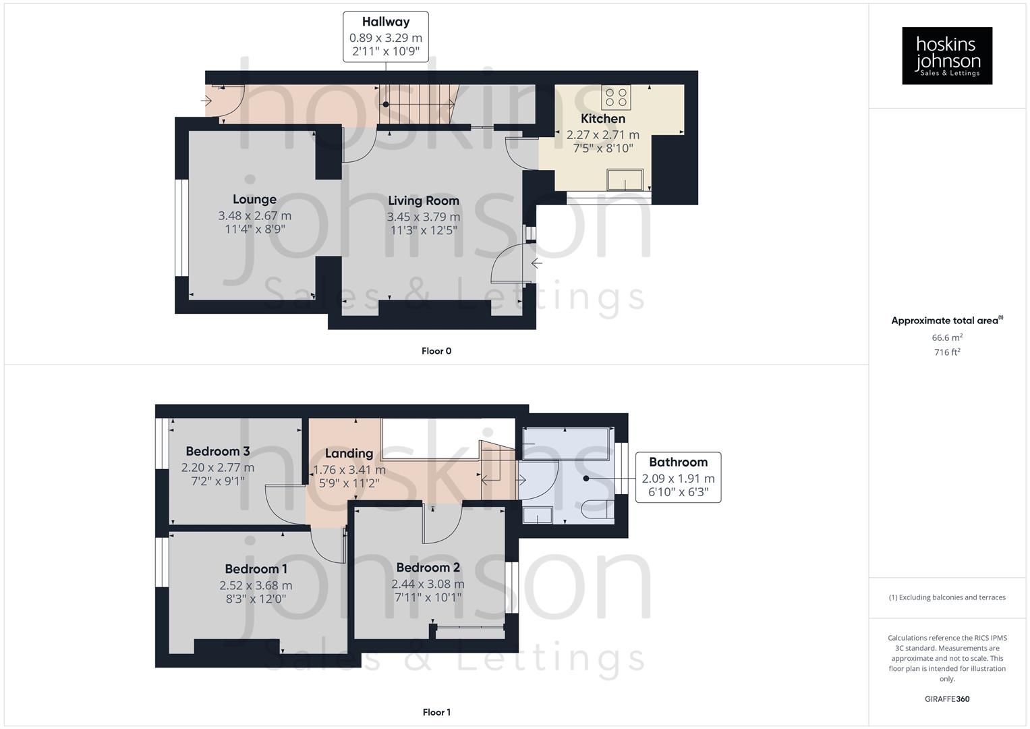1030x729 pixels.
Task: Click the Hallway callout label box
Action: coord(385,36)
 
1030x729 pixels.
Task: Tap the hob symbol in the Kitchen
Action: coord(616,97)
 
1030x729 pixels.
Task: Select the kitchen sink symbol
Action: coord(625,180)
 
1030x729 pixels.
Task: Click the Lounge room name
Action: coord(254,199)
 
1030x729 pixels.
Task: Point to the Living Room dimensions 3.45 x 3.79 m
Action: coord(423,217)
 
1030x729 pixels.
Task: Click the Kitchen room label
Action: coord(602,119)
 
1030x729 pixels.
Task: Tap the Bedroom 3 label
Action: coord(218,451)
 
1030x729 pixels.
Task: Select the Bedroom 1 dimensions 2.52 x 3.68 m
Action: coord(256,585)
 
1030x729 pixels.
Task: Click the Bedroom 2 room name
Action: coord(428,567)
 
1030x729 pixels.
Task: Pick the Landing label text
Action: coord(349,453)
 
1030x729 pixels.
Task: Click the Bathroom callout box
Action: coord(678,477)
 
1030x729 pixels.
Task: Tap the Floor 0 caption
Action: coord(436,351)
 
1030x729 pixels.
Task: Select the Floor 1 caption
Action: coord(436,712)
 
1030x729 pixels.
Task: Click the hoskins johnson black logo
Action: coord(947,55)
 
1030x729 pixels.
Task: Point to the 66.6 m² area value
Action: coord(947,337)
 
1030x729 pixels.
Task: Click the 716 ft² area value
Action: coord(947,352)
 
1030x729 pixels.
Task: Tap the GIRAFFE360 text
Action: coord(947,699)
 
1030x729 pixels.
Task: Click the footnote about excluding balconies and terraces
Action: coord(947,597)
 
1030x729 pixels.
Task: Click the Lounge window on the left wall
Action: coord(181,227)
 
